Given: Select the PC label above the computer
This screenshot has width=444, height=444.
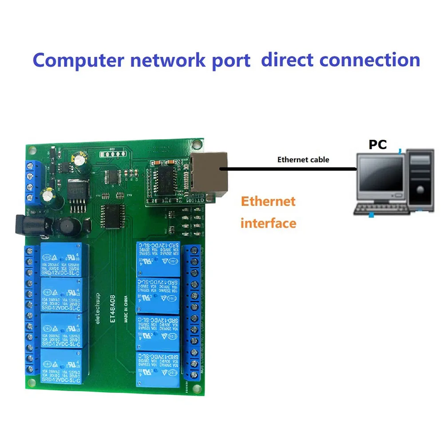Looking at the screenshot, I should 377,145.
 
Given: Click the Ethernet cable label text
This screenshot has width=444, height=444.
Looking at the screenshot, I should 303,159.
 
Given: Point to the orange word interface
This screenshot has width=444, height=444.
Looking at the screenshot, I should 268,223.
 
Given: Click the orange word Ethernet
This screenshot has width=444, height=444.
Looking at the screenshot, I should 268,201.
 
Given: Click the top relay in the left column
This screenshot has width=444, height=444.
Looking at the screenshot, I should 63,260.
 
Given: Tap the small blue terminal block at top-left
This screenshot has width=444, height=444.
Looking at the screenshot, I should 33,182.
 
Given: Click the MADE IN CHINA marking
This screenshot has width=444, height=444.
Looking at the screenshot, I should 127,306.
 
